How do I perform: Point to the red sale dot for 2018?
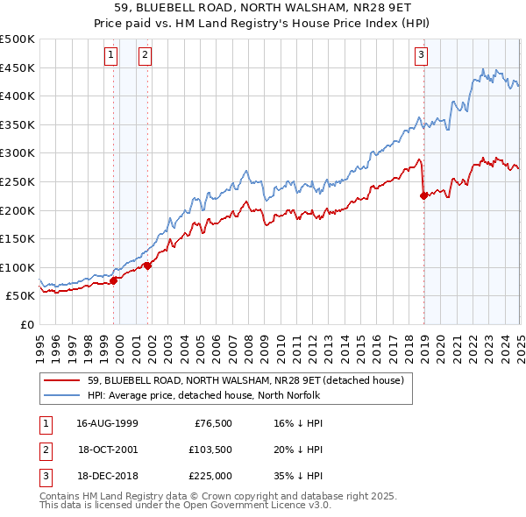(x=423, y=195)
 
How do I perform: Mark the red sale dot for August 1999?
(x=114, y=280)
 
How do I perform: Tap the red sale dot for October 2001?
(x=148, y=265)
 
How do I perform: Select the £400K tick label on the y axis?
(x=18, y=96)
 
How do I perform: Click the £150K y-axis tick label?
(x=18, y=238)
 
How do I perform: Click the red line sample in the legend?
(x=61, y=380)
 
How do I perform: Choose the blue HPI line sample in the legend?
(x=61, y=395)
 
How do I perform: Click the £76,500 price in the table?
(x=212, y=423)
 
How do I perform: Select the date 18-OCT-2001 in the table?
(x=106, y=450)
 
